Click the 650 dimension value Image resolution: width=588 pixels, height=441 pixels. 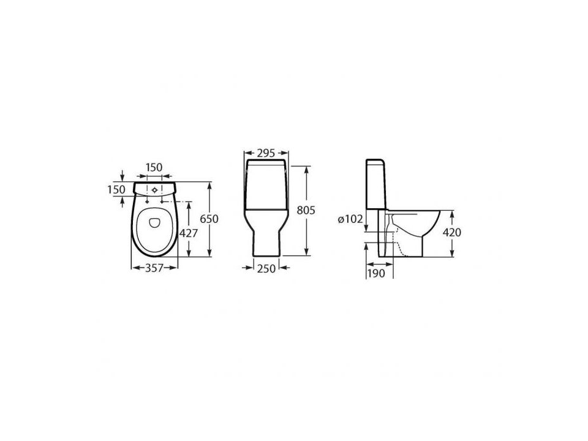tap(209, 219)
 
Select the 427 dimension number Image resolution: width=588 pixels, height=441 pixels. tap(189, 233)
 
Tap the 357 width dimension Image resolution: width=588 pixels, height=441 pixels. tap(154, 268)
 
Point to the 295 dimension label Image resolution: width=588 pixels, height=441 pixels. tap(266, 153)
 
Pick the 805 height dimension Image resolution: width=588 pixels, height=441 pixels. tap(306, 211)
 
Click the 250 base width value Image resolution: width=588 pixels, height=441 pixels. tap(266, 268)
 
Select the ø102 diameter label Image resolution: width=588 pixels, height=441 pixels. tap(350, 219)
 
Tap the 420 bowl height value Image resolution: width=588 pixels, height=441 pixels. tap(452, 233)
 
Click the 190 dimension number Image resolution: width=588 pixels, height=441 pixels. tap(376, 273)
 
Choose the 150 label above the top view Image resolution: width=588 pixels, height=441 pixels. tap(154, 167)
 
